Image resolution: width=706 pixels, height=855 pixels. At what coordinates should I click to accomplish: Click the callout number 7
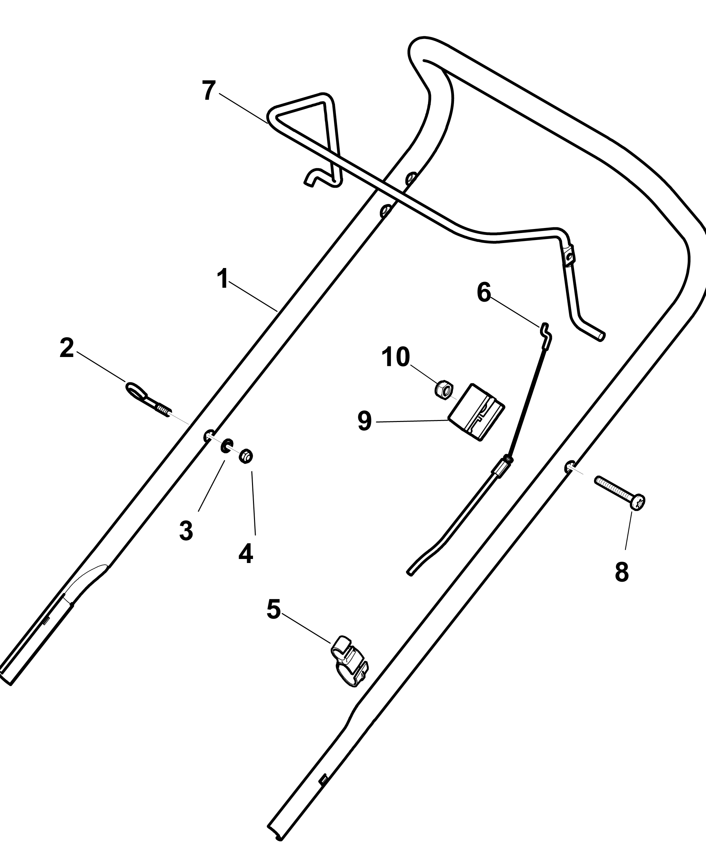[x=209, y=90]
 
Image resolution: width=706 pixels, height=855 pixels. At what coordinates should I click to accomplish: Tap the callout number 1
[x=222, y=279]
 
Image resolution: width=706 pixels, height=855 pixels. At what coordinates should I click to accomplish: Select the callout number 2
[x=67, y=348]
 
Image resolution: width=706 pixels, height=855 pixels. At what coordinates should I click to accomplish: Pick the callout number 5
[x=274, y=620]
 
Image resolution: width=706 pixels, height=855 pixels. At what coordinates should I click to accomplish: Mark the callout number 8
[x=622, y=572]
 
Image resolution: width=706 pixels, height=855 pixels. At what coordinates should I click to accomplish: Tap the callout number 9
[x=365, y=421]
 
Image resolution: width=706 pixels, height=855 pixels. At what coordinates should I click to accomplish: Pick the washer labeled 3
[x=227, y=446]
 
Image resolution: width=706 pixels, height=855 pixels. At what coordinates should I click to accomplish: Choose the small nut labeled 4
[x=246, y=456]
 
